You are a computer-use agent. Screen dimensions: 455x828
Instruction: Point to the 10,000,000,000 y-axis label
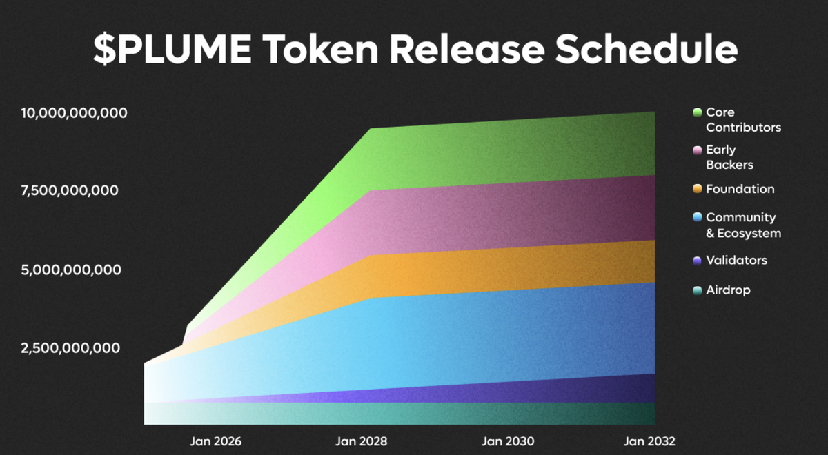(x=74, y=112)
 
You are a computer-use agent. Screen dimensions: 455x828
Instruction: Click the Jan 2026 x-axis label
(x=216, y=441)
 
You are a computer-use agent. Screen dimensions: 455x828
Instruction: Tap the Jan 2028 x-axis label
(x=362, y=441)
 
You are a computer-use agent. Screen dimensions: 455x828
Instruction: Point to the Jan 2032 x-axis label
(x=649, y=441)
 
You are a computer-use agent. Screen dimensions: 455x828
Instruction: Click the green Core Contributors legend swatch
(x=697, y=112)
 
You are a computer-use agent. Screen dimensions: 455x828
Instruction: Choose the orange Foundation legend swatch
(x=697, y=189)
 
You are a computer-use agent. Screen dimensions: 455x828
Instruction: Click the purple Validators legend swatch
(x=697, y=261)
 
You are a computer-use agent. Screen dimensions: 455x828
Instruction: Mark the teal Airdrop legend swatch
(x=697, y=290)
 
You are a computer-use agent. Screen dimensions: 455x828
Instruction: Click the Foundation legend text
(x=740, y=189)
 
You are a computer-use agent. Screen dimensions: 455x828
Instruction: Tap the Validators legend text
(x=736, y=261)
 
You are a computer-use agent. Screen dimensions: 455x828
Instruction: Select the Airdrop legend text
(x=728, y=290)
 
